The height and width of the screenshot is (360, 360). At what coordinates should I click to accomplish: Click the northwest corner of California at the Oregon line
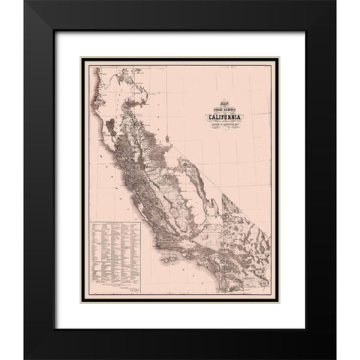[94, 67]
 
